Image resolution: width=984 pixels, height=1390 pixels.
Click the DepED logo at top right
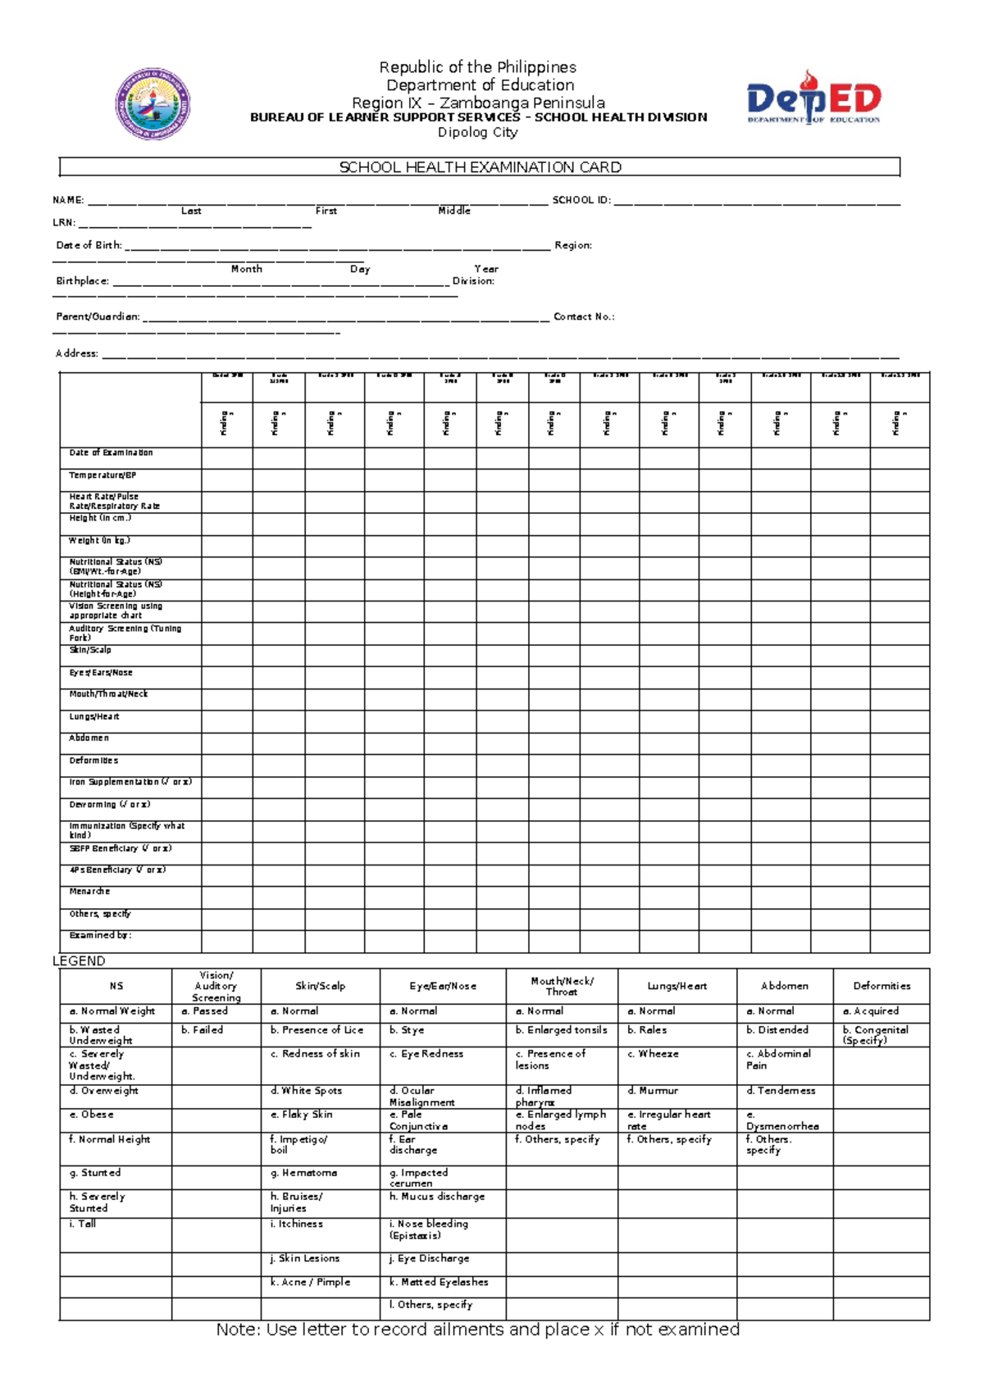pos(813,98)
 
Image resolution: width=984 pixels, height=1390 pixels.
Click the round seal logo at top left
pos(153,104)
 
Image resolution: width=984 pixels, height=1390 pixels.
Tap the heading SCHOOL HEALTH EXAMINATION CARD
pos(480,167)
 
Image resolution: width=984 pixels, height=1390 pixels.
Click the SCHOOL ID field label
pos(581,200)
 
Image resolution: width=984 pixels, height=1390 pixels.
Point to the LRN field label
pos(64,222)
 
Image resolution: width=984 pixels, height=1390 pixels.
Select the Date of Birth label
pos(89,245)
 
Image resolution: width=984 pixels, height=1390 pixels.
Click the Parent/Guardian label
pos(98,316)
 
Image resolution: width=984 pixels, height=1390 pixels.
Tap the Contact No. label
pos(584,316)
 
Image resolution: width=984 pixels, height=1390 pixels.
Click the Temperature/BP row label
pos(102,475)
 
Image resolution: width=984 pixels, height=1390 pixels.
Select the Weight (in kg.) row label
pos(99,541)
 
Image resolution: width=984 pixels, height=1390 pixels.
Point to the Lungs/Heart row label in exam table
pos(93,716)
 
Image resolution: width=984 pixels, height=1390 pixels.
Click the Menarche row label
pos(89,892)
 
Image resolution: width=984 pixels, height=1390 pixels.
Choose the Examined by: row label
pos(100,935)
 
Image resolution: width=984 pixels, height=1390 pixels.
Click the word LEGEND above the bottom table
pos(79,961)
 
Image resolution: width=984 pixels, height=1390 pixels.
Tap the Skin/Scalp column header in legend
pos(320,986)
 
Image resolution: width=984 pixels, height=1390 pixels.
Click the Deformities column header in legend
pos(881,986)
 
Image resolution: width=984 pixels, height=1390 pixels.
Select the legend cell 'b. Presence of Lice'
pos(317,1030)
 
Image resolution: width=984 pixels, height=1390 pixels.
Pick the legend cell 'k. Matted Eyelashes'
pos(439,1282)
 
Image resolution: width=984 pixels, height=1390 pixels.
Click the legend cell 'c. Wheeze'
pos(653,1054)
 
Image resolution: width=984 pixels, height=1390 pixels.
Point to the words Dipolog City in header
pos(477,132)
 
